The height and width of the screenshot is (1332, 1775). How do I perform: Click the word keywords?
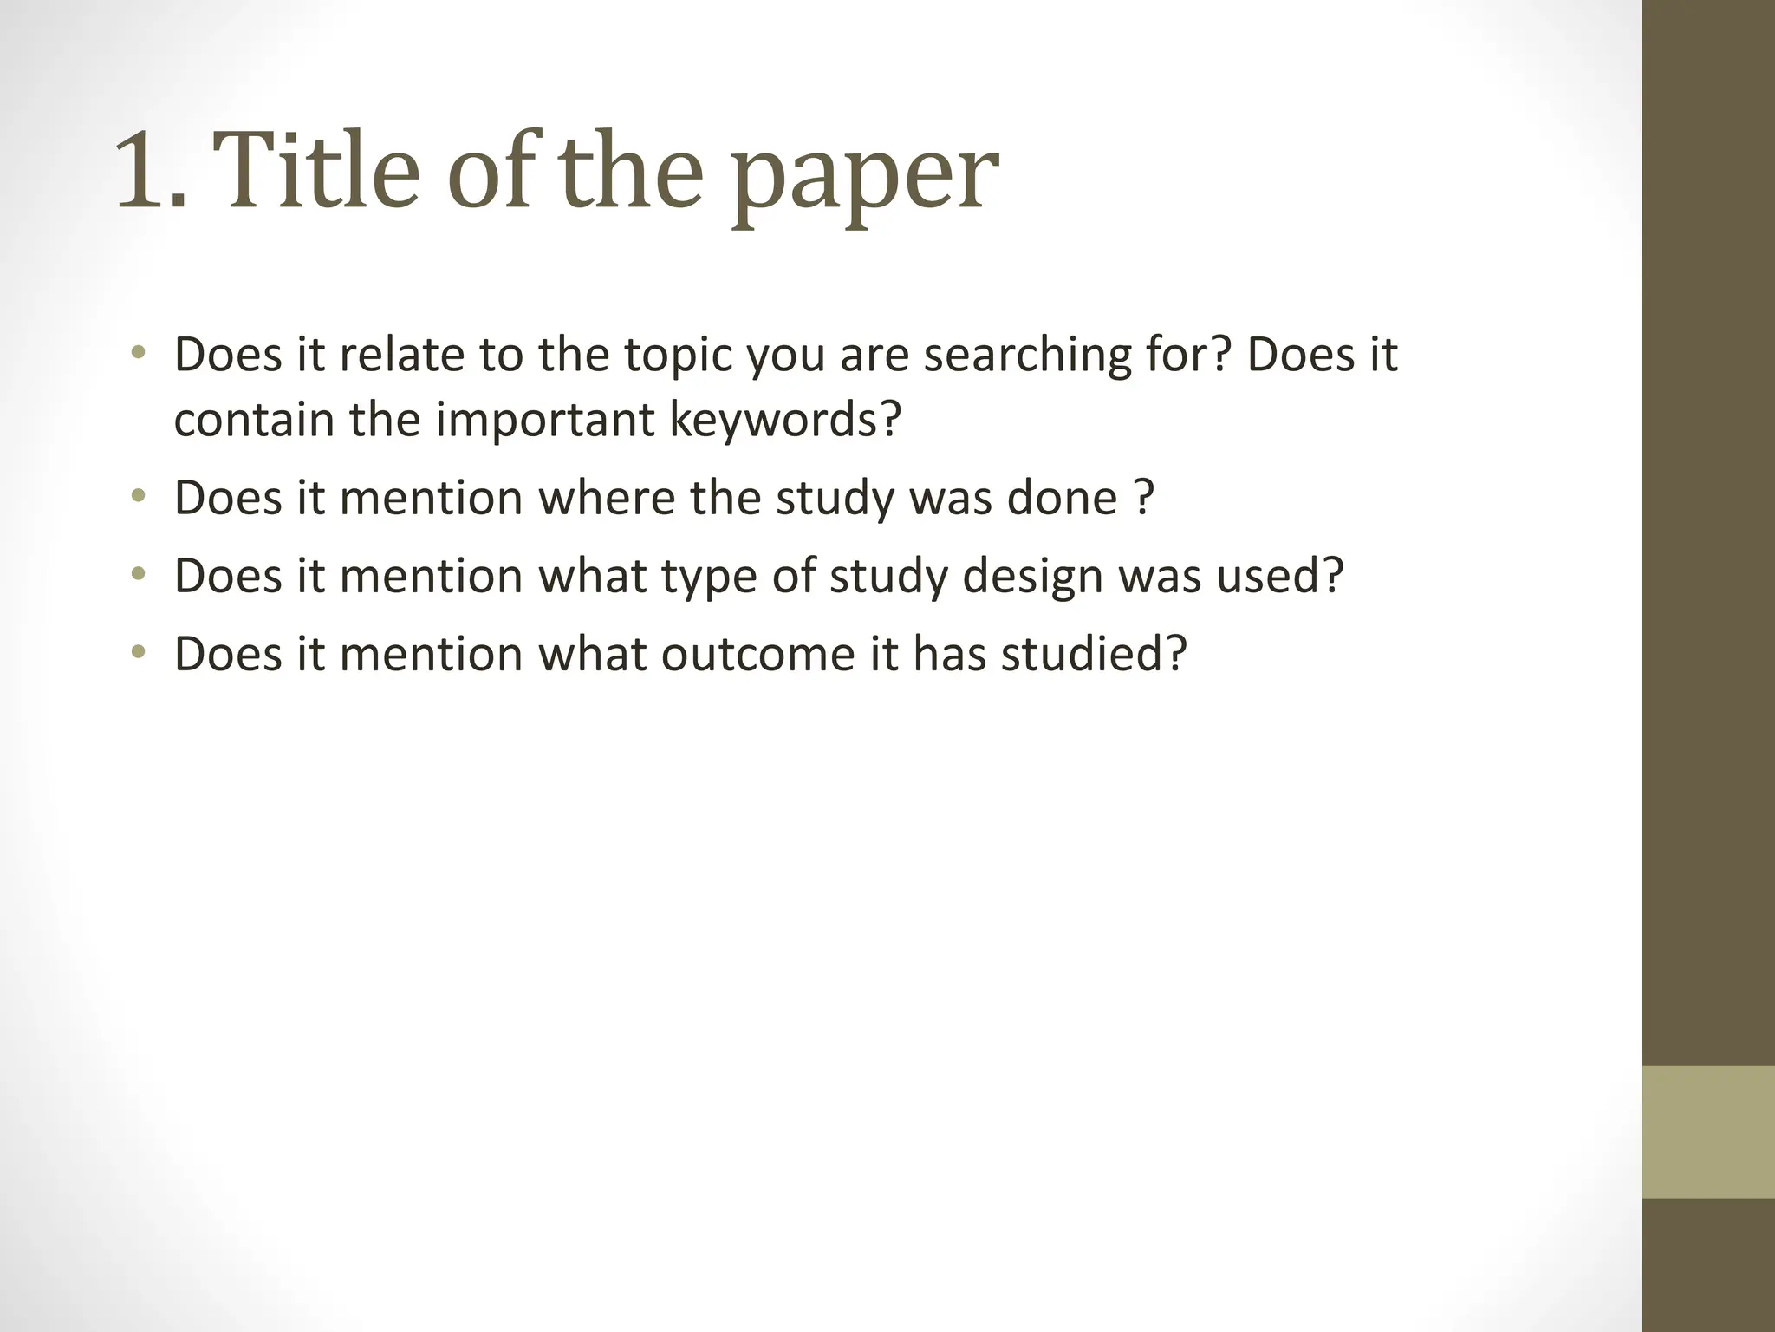tap(785, 420)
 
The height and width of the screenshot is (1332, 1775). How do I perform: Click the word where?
tap(606, 498)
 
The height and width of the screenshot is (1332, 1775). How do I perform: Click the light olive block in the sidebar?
tap(1707, 1132)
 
